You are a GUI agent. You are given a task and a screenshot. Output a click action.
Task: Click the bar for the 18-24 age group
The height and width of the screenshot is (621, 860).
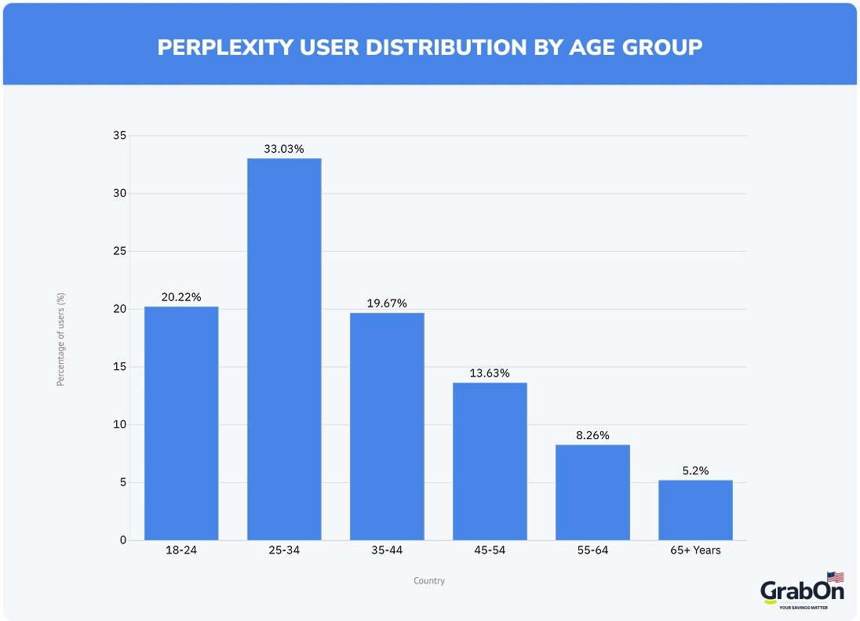(181, 423)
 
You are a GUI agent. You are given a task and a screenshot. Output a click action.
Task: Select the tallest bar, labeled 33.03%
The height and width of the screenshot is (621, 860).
(284, 350)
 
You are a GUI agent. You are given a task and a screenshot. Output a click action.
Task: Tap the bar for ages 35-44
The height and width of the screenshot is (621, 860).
(387, 427)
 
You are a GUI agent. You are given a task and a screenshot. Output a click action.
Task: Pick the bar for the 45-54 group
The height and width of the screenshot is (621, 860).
(490, 461)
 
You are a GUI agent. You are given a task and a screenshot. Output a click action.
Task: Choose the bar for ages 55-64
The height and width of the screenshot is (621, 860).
(592, 492)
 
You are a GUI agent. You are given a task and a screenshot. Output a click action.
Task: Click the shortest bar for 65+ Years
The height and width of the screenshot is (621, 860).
(695, 510)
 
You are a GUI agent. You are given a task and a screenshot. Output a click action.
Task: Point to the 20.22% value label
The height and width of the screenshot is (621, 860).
(181, 297)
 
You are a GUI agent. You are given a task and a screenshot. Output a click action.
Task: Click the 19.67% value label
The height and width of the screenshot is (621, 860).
(387, 303)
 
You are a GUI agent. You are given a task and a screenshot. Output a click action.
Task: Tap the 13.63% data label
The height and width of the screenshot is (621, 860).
(490, 373)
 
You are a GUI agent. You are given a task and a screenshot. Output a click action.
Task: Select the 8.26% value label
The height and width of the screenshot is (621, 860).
(592, 435)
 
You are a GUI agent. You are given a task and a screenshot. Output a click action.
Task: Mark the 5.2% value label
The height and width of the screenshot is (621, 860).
(695, 470)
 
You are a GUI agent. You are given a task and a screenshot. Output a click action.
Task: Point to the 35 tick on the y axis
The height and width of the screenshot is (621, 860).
(118, 136)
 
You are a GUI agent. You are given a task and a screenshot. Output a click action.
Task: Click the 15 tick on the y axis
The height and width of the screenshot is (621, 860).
(118, 367)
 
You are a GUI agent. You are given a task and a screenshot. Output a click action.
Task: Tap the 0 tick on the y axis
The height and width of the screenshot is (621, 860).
(122, 540)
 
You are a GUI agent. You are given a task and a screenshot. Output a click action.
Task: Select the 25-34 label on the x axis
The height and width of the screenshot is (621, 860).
(284, 550)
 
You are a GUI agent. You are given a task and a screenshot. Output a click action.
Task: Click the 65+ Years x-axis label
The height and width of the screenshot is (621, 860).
(695, 550)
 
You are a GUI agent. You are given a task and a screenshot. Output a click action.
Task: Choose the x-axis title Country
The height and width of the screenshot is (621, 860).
(429, 581)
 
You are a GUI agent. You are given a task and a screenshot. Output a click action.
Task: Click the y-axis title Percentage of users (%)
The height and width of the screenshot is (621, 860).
(60, 338)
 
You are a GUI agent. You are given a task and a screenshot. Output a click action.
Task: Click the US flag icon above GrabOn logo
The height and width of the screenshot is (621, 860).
(835, 577)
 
